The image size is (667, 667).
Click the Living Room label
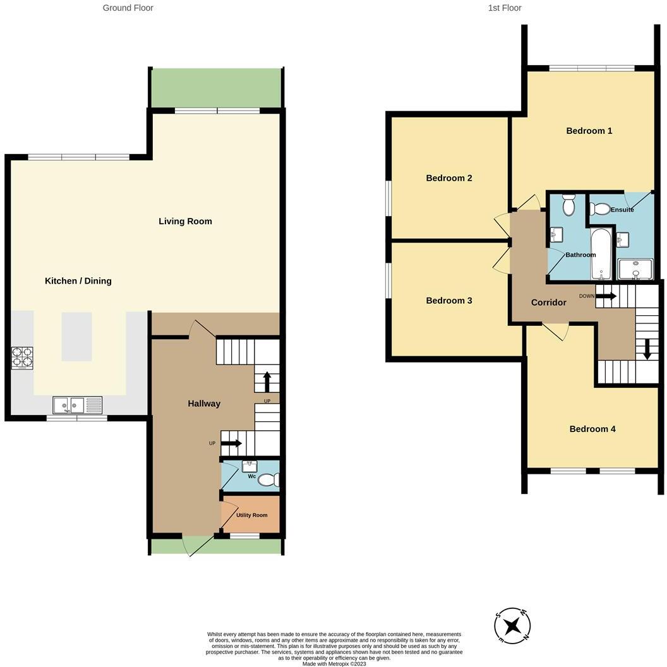[185, 221]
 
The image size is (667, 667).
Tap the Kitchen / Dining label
[78, 280]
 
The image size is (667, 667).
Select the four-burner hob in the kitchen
[22, 359]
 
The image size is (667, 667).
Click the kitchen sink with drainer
[78, 404]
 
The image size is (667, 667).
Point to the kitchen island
[76, 336]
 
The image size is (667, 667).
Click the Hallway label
[203, 404]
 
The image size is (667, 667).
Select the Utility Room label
[251, 515]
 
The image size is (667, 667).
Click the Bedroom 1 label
[589, 131]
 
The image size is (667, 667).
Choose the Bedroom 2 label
[448, 178]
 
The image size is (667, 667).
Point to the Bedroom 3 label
[448, 301]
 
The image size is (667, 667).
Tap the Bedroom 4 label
[592, 429]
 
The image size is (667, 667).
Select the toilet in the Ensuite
[599, 208]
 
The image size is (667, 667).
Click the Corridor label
[548, 303]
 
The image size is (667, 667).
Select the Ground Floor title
[128, 8]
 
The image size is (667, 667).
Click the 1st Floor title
[504, 8]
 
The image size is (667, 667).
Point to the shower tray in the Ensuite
[635, 269]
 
